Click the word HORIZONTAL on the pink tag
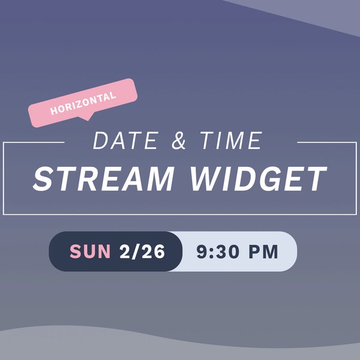(83, 103)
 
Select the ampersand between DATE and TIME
(178, 142)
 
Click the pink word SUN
(91, 251)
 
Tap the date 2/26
(142, 251)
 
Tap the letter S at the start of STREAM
(43, 178)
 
